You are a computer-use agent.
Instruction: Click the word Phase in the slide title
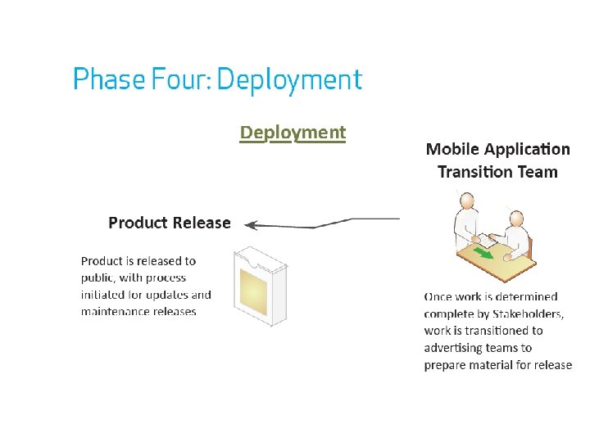(101, 79)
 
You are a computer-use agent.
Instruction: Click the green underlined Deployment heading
(293, 133)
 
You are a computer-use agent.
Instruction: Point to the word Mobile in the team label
(452, 149)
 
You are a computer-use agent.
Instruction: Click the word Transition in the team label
(475, 172)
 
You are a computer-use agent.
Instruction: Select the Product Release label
(170, 223)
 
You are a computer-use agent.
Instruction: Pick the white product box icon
(260, 286)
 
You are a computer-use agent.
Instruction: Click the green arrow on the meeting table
(485, 254)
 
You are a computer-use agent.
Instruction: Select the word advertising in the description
(449, 348)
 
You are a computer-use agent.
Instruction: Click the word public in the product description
(98, 277)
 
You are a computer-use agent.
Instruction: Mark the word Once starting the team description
(439, 296)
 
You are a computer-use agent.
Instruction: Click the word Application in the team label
(527, 149)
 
